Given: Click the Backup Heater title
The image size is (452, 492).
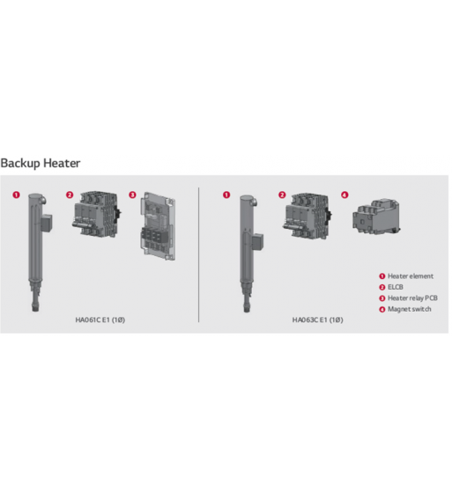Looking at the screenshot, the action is (41, 163).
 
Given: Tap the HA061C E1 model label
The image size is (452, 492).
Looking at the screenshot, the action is (100, 319).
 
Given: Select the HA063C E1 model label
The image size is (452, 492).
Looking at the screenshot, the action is (317, 319).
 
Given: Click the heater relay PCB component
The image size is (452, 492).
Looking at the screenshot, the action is (158, 226).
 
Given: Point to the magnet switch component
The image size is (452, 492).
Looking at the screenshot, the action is (376, 217).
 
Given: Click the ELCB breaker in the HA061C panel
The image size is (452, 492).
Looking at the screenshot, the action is (97, 215).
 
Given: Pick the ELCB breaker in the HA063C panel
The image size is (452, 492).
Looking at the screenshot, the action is (307, 216).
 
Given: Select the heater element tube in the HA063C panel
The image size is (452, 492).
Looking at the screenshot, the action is (248, 253).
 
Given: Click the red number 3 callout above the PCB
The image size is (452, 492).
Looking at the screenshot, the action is (132, 195).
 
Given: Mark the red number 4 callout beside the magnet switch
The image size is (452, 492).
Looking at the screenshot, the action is (345, 195).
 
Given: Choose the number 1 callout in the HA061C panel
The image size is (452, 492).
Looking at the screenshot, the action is (16, 195).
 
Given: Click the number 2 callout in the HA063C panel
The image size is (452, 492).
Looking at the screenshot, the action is (282, 195).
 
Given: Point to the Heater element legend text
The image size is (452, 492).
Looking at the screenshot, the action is (411, 276).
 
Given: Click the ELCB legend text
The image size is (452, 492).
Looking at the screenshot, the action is (395, 287).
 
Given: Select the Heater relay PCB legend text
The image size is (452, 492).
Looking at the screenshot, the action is (412, 298).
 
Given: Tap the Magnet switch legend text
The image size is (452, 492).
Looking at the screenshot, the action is (410, 309).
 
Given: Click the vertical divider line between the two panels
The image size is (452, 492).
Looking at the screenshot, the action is (199, 254).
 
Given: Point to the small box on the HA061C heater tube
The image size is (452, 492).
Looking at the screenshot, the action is (47, 224).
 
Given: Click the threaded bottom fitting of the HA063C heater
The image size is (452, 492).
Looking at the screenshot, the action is (247, 307).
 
